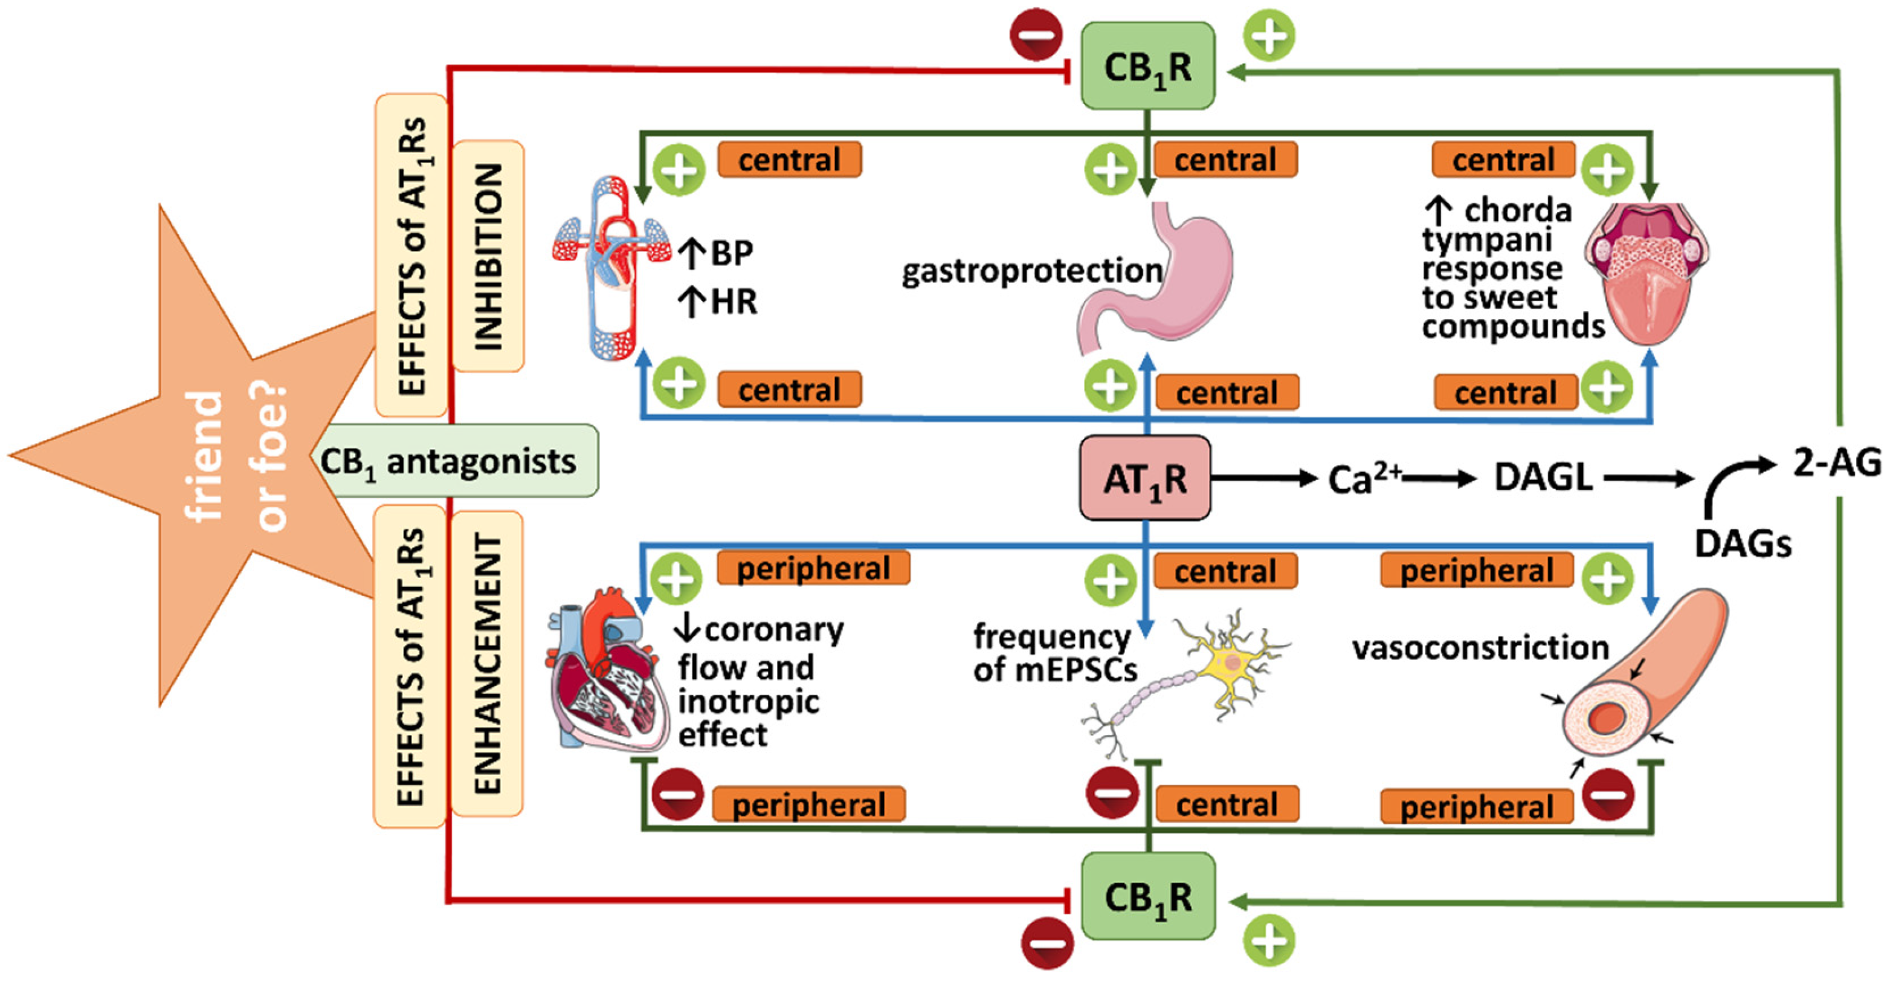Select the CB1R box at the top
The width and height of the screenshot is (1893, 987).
pos(1148,66)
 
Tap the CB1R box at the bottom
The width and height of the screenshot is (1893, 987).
pos(1148,896)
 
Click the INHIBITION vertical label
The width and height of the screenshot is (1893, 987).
pos(488,256)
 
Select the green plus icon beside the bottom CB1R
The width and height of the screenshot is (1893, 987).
pos(1269,940)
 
